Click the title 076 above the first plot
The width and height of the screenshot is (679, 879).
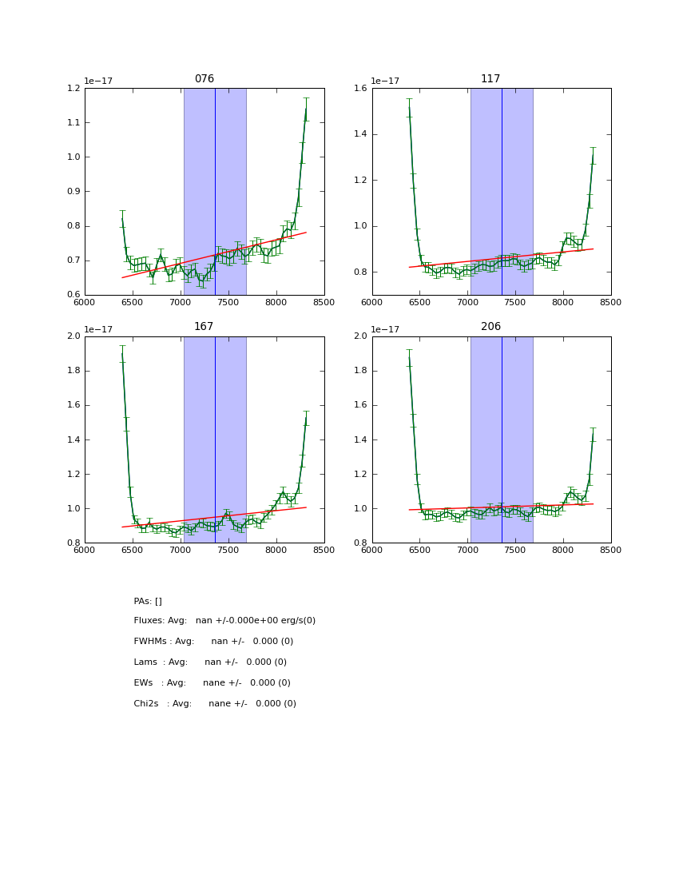(204, 79)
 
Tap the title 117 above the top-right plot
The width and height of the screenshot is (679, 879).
(490, 79)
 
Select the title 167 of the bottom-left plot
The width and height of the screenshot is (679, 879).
(204, 327)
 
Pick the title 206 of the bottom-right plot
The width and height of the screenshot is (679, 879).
(490, 327)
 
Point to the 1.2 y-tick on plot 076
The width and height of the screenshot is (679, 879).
(73, 89)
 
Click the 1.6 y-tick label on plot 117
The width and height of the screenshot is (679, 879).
(359, 89)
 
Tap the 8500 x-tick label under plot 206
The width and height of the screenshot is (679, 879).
(611, 550)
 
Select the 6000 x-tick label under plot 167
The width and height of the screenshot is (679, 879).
(85, 550)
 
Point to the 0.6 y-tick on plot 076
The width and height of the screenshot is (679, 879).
(73, 295)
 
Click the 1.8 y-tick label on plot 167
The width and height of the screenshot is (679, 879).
(73, 371)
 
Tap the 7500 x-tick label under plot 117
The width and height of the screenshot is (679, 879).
(515, 302)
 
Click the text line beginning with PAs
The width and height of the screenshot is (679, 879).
(148, 602)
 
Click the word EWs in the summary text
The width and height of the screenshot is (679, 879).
(143, 683)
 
